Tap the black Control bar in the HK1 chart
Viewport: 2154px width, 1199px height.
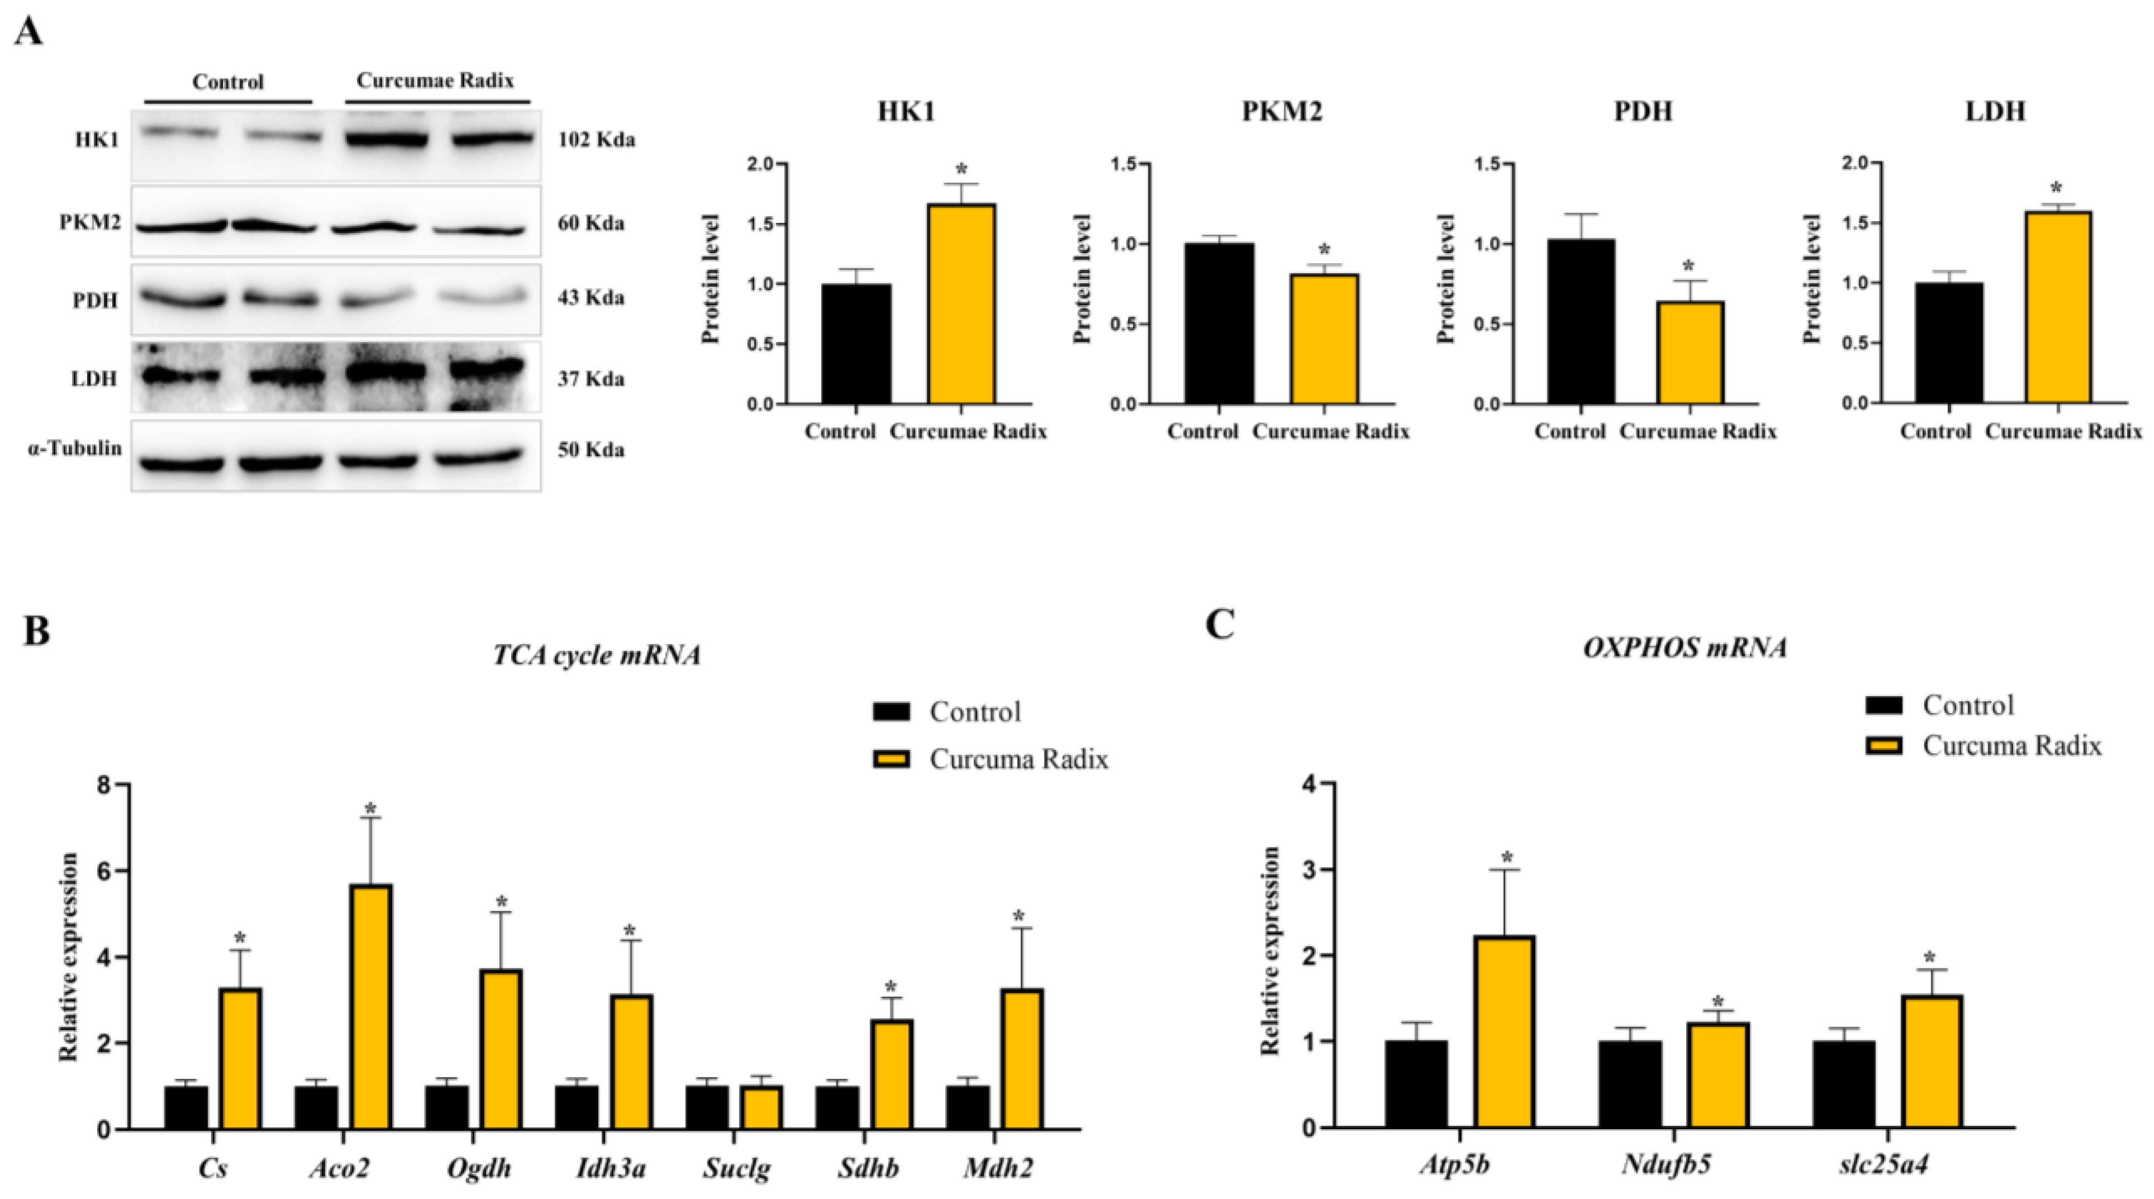coord(856,345)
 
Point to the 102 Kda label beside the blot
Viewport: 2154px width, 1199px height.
coord(596,140)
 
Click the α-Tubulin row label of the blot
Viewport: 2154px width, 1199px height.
coord(74,449)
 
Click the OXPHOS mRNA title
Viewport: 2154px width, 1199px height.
coord(1685,648)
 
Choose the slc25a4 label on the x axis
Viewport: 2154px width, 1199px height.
coord(1884,1164)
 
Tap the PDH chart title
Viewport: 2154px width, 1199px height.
coord(1642,111)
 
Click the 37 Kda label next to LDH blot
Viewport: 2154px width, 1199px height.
coord(591,379)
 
